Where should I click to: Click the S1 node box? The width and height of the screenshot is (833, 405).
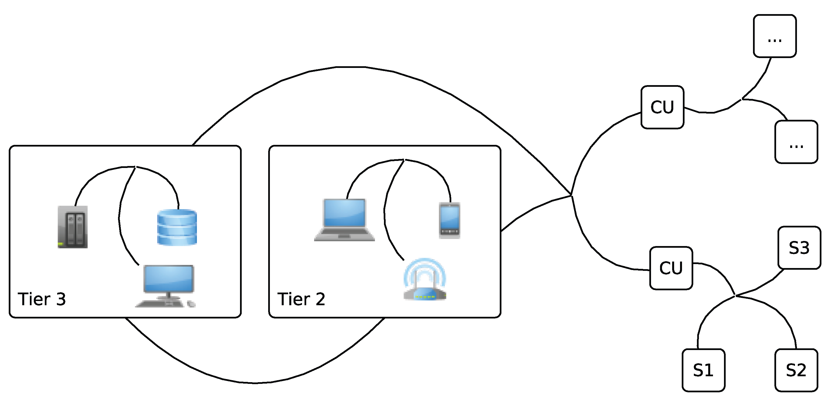pos(703,370)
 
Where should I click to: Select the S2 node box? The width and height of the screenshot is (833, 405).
pos(796,370)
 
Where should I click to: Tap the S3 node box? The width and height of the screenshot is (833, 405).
pos(799,248)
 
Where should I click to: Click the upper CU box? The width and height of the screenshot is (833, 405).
pos(662,107)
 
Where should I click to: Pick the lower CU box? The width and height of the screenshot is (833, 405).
pos(671,268)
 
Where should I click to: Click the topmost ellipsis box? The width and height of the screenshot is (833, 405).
pos(775,36)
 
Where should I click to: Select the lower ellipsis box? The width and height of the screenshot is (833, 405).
pos(796,142)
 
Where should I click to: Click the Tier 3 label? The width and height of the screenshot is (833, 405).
pos(42,299)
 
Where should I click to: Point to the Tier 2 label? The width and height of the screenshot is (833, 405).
pos(301,299)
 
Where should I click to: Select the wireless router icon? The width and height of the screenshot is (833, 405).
pos(425,293)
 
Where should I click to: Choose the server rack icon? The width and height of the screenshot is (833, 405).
pos(72,227)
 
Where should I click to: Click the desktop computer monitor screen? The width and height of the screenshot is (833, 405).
pos(168,278)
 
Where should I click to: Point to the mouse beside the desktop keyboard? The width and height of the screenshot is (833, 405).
pos(192,304)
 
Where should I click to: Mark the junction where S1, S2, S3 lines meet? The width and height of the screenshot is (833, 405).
pos(736,295)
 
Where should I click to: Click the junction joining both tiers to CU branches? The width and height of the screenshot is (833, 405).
pos(571,195)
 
